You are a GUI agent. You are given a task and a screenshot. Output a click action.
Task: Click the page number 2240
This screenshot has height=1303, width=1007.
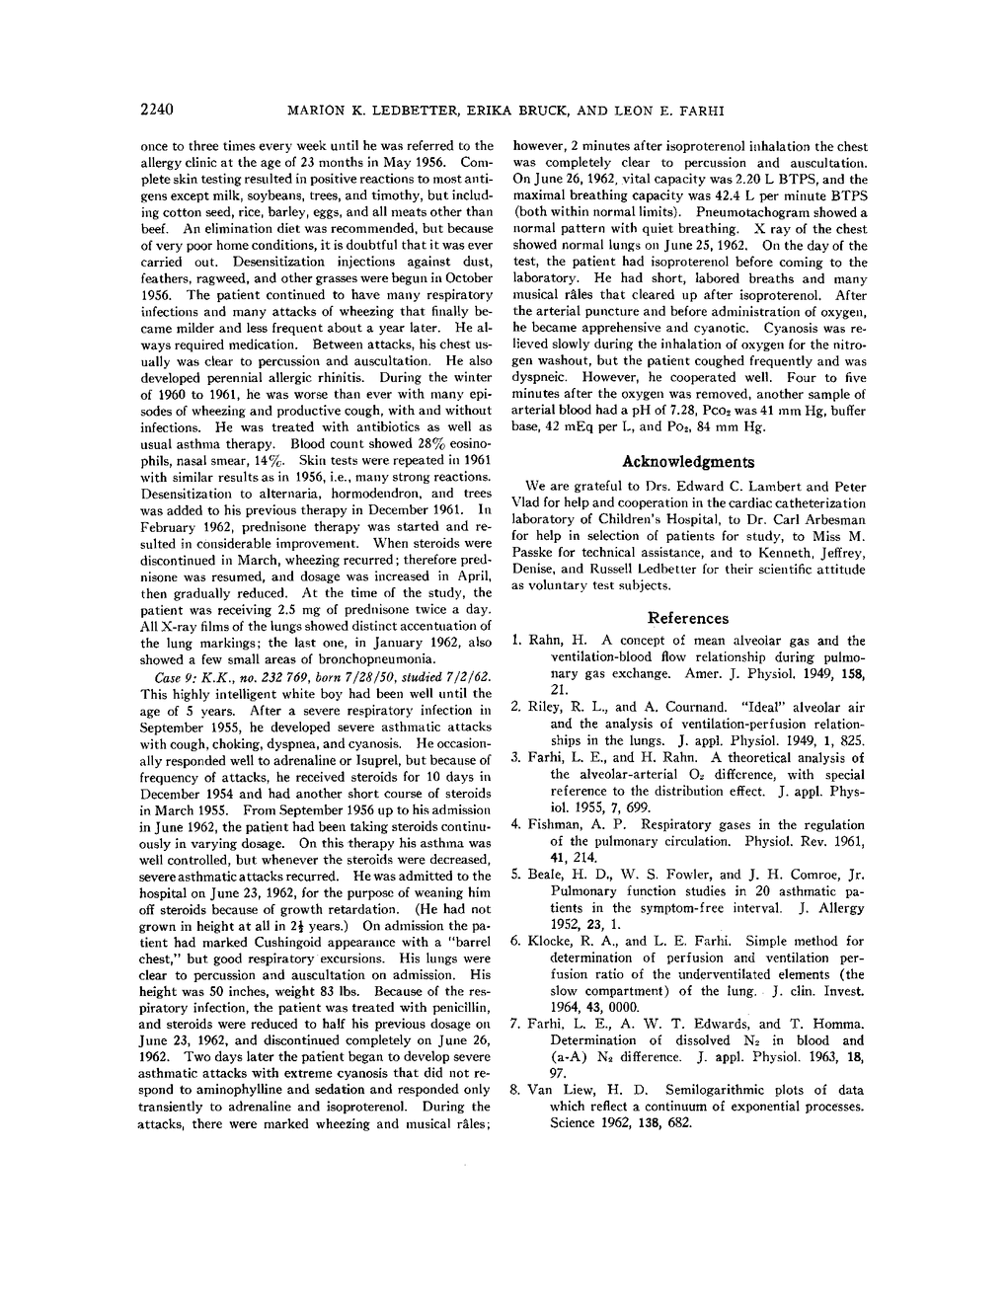point(157,109)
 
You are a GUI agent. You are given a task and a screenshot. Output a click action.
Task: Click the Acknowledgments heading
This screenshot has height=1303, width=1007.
point(687,461)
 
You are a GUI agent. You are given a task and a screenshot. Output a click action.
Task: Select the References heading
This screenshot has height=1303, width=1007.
point(687,618)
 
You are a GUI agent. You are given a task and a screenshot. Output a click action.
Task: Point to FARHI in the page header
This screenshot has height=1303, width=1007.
point(700,110)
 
